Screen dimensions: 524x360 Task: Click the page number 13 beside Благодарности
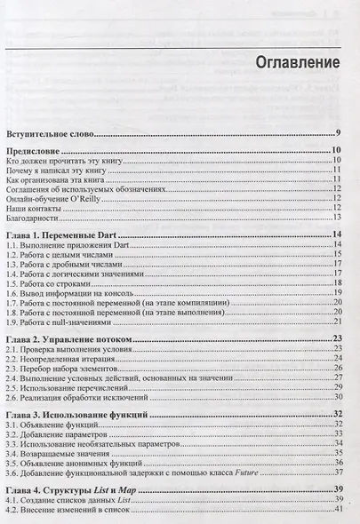pos(338,217)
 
